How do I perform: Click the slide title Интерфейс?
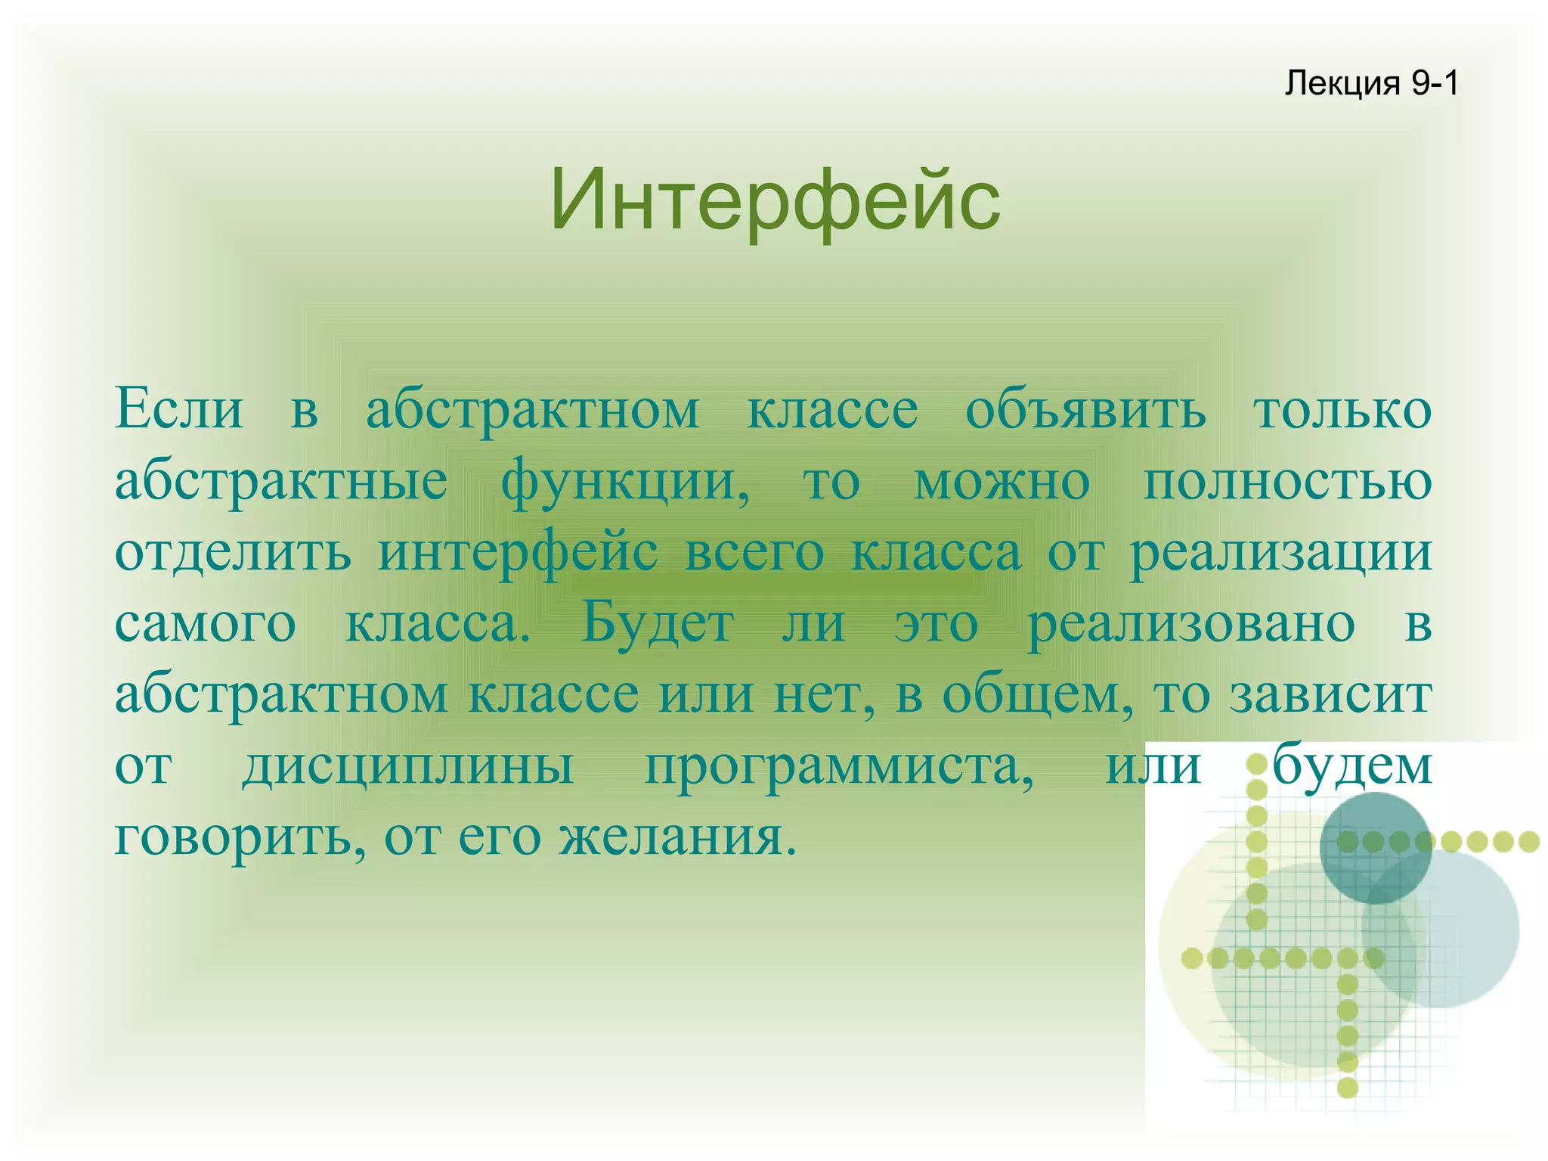(x=775, y=200)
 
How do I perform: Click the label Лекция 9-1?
(x=1371, y=83)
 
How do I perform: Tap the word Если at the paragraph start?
(x=179, y=409)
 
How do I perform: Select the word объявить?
(x=1085, y=411)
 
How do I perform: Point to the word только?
(x=1342, y=409)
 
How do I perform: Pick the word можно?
(x=1002, y=481)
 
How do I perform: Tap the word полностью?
(x=1287, y=481)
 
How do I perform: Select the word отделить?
(x=233, y=553)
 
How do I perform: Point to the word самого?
(x=205, y=624)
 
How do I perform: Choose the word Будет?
(x=657, y=624)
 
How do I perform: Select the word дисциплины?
(x=408, y=766)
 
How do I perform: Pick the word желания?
(x=677, y=837)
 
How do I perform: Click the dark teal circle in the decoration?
(x=1375, y=847)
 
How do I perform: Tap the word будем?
(x=1352, y=766)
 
